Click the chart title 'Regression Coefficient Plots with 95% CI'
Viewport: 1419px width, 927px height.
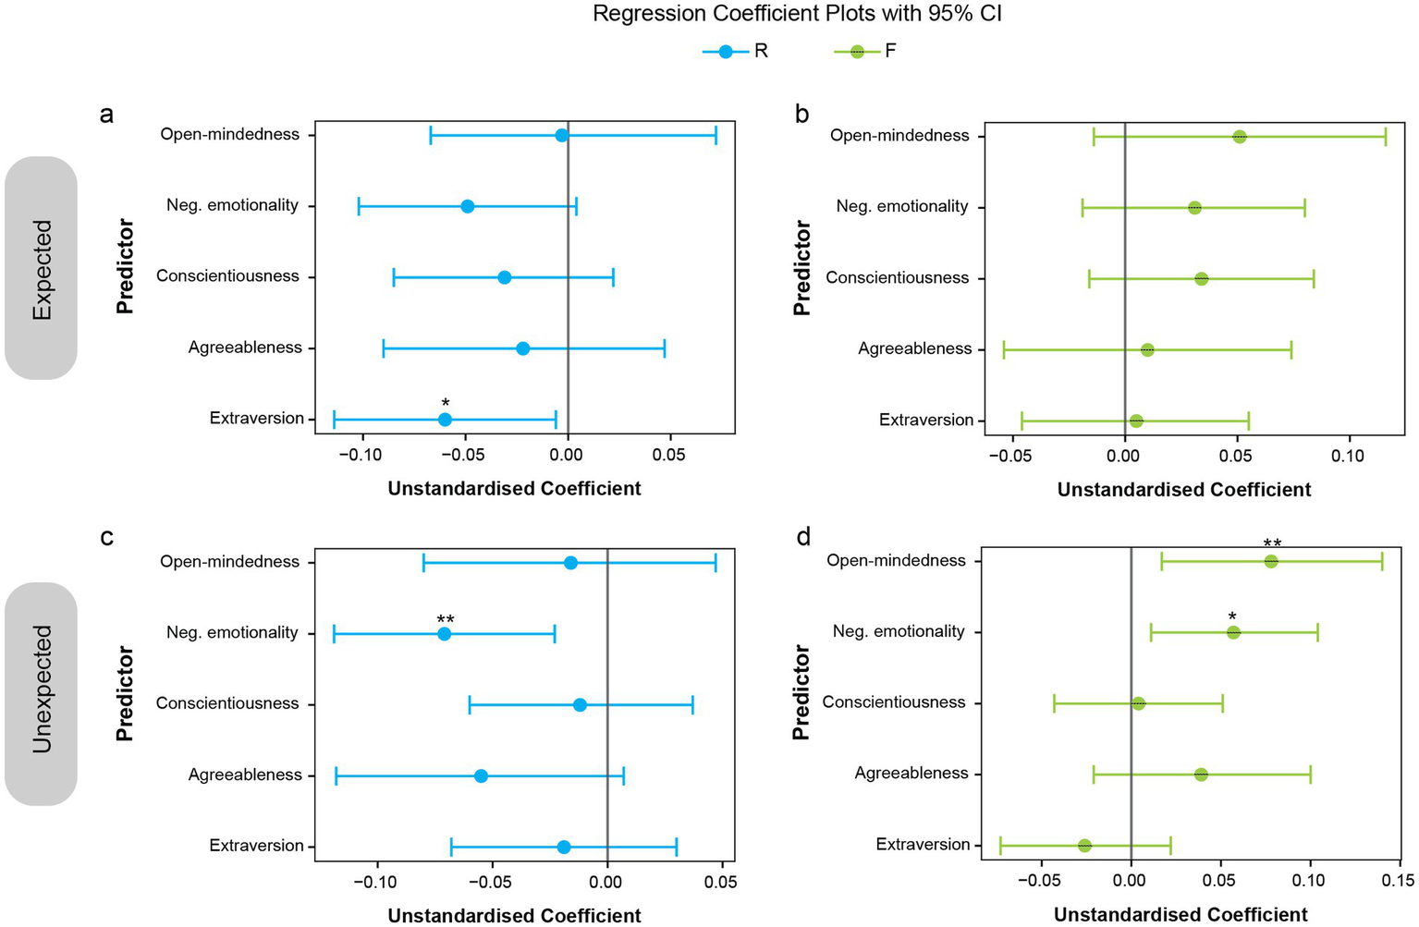click(797, 15)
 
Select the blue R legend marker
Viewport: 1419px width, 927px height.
click(726, 52)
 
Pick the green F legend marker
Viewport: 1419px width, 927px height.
click(857, 52)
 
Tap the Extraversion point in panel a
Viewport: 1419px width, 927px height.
click(445, 420)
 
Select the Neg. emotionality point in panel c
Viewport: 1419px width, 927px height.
click(444, 634)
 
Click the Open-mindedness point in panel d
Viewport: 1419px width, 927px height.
click(1271, 562)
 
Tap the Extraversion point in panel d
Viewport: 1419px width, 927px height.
click(1084, 846)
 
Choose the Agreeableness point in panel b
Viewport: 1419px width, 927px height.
click(1147, 350)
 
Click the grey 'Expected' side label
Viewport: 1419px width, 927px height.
click(42, 269)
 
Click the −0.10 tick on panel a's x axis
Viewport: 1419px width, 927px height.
click(361, 455)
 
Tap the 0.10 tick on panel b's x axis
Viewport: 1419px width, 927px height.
click(1348, 456)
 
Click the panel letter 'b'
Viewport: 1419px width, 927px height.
click(801, 114)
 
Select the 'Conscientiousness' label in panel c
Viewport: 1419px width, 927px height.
click(227, 704)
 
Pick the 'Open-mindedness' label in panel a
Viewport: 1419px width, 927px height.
click(230, 135)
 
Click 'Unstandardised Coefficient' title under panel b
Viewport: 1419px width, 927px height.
click(1183, 490)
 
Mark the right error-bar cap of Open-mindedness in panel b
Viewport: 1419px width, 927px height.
click(1385, 137)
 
